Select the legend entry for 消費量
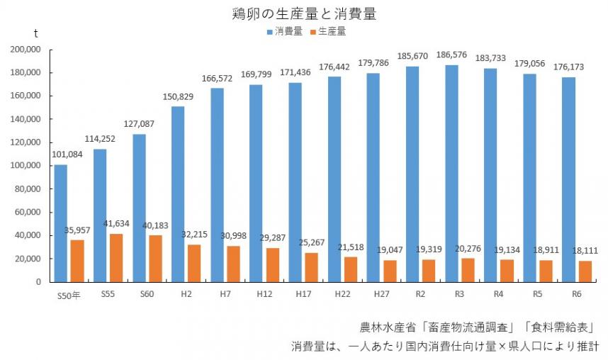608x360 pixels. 285,32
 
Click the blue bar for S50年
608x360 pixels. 61,223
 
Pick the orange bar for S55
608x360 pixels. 116,258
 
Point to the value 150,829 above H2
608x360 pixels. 178,97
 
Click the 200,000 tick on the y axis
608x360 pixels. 26,50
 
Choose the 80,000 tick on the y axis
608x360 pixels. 28,189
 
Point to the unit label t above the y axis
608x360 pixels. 37,33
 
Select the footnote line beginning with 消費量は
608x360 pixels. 445,347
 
